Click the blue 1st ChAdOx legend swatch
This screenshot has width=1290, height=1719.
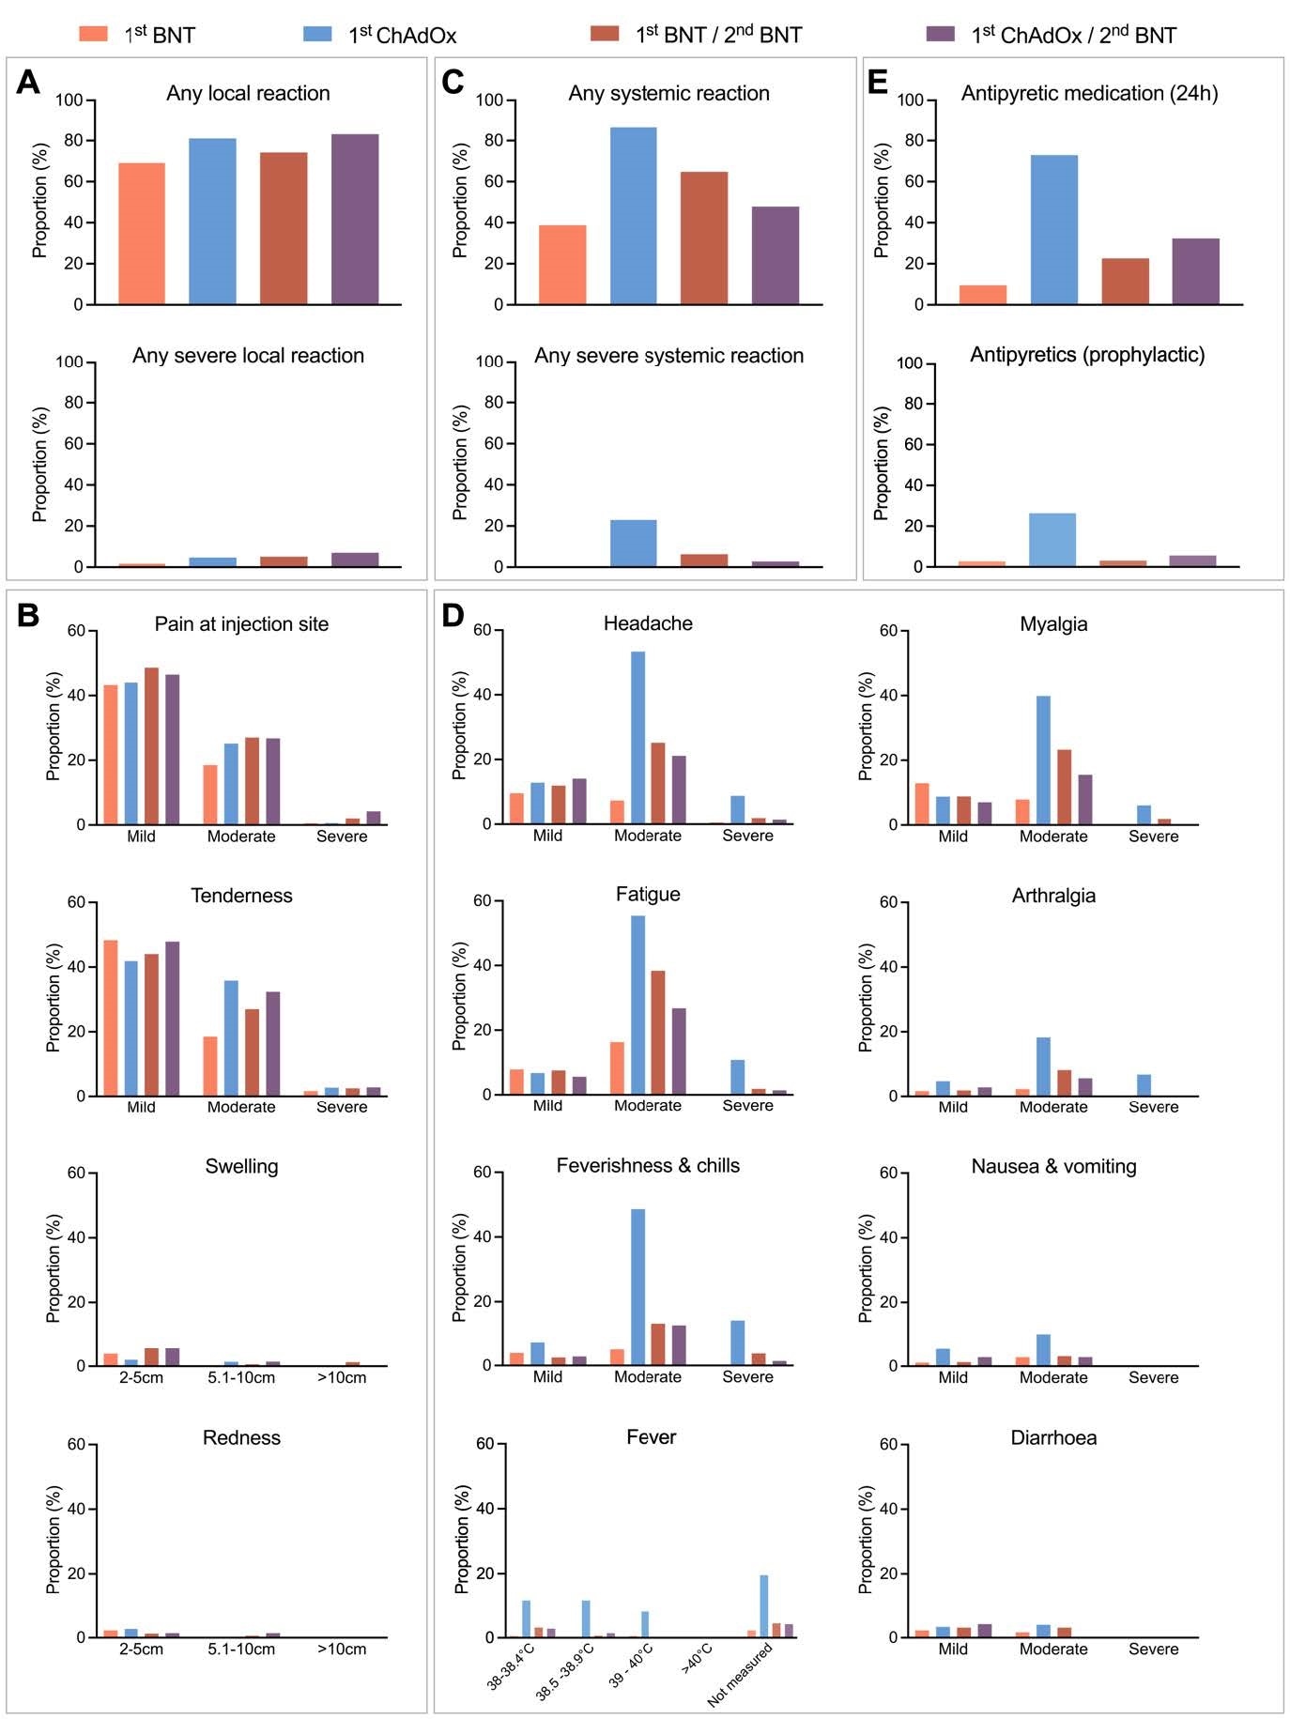point(317,34)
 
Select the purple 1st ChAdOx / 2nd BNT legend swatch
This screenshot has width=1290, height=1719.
point(940,34)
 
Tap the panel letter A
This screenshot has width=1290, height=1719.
point(28,83)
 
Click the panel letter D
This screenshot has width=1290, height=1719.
point(453,616)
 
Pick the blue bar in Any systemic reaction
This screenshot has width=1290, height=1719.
point(634,216)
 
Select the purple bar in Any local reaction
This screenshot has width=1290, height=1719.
point(355,219)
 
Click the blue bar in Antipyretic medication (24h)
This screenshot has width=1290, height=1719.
point(1054,230)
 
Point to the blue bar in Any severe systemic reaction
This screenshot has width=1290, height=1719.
point(634,544)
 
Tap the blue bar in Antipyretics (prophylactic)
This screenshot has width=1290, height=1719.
point(1052,540)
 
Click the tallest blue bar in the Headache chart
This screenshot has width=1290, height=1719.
point(638,737)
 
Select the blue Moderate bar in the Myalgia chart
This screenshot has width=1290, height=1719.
point(1043,760)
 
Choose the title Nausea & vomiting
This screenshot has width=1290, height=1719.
point(1053,1166)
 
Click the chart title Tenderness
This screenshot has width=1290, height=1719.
point(241,896)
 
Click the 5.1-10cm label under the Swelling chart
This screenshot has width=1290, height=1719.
point(241,1377)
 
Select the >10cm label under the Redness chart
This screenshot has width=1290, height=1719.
point(342,1649)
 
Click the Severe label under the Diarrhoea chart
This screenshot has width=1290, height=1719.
point(1153,1649)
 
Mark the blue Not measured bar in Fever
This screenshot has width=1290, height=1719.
point(764,1606)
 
